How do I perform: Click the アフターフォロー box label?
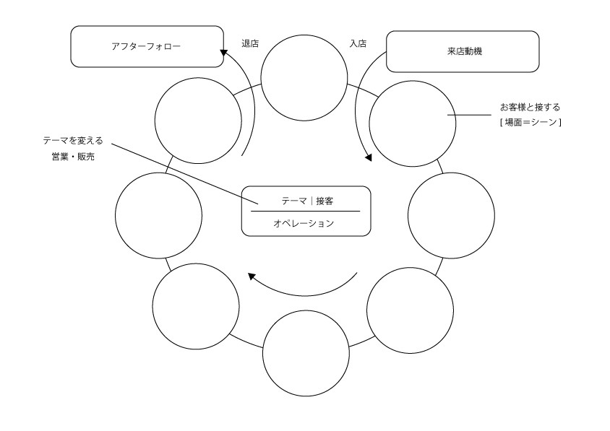click(x=146, y=47)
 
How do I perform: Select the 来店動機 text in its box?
click(x=465, y=51)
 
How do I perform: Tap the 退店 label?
click(x=250, y=43)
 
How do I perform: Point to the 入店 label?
click(x=358, y=43)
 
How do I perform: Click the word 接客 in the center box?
click(x=325, y=201)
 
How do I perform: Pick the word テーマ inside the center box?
click(x=294, y=201)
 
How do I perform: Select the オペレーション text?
click(x=304, y=224)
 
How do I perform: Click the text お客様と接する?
click(x=530, y=108)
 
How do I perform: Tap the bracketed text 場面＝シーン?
click(x=530, y=123)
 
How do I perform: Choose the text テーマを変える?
click(x=73, y=141)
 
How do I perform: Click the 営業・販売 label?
click(x=73, y=157)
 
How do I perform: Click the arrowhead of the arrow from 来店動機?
click(x=368, y=157)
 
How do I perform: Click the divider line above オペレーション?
click(x=306, y=212)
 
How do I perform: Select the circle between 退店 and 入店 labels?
click(x=304, y=78)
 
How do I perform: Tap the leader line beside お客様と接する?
click(x=469, y=115)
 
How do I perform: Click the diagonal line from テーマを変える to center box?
click(x=185, y=174)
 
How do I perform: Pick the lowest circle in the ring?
click(x=306, y=353)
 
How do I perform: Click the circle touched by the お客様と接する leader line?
click(x=413, y=123)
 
